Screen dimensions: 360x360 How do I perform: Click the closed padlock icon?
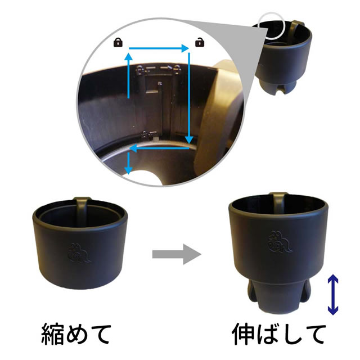(118, 43)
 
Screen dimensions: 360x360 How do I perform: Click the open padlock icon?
(200, 43)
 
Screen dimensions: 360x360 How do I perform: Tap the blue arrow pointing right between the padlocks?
(159, 48)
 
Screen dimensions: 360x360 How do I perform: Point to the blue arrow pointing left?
(159, 148)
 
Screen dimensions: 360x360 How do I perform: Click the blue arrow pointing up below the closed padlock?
(129, 76)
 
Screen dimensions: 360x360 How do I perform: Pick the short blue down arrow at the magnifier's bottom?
(129, 164)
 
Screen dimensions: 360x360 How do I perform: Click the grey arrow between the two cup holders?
(177, 254)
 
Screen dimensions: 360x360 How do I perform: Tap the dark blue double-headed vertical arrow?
(332, 295)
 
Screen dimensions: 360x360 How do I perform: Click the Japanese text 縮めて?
(76, 334)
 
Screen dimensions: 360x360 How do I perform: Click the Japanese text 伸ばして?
(279, 334)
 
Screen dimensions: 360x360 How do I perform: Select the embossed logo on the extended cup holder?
(280, 242)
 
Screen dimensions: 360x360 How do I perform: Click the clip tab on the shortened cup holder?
(82, 209)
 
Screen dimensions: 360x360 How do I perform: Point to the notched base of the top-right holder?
(278, 87)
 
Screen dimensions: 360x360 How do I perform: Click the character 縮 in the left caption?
(52, 334)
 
